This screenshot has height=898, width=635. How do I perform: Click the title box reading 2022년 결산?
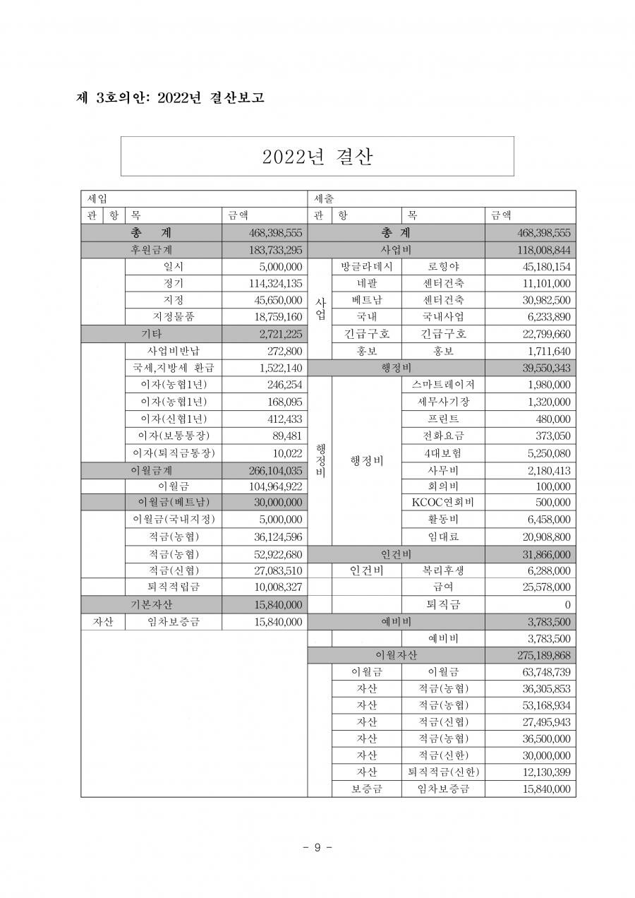point(317,156)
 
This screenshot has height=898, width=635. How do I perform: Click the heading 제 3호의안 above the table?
point(170,98)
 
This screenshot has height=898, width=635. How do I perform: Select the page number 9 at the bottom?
point(317,847)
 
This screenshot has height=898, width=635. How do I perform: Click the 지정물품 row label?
point(174,317)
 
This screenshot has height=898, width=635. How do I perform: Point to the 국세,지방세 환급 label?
point(174,368)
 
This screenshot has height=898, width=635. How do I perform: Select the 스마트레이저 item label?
point(443,385)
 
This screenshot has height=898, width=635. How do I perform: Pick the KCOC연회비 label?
point(443,502)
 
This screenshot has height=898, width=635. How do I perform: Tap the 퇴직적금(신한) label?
point(443,772)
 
